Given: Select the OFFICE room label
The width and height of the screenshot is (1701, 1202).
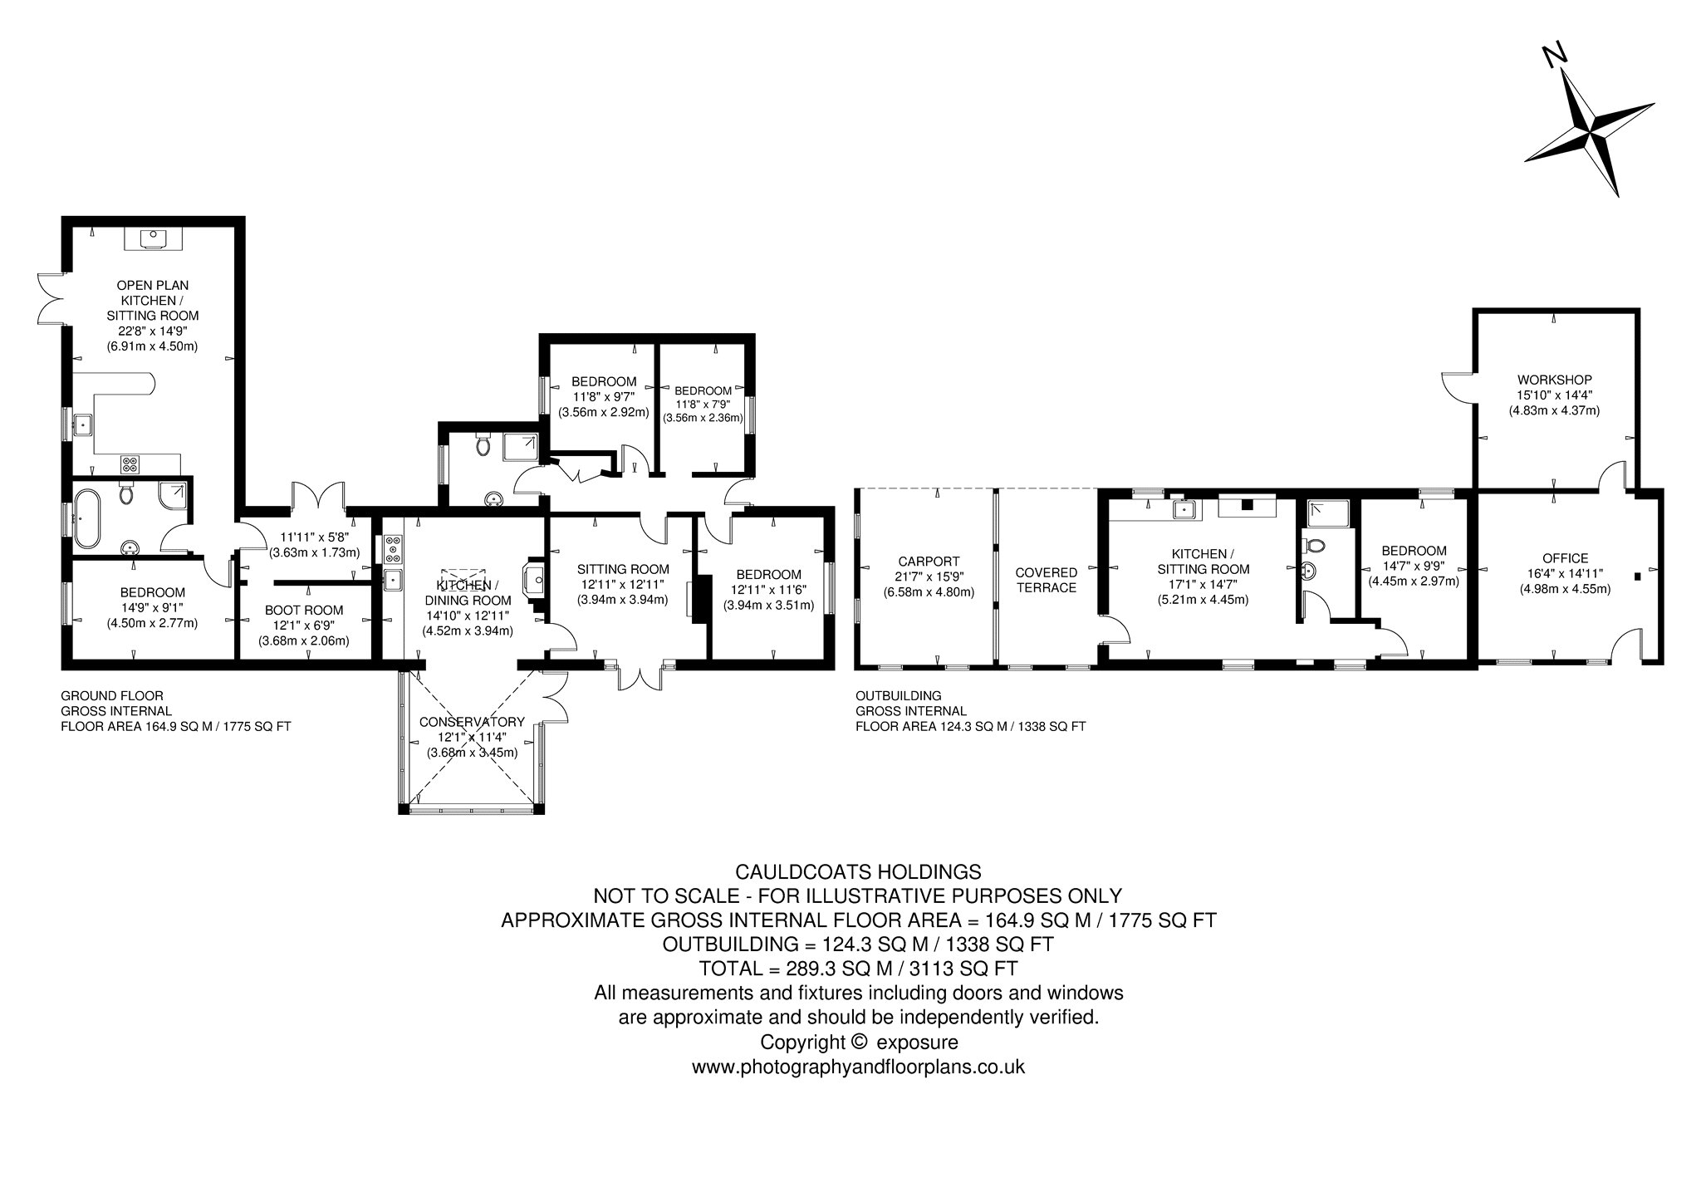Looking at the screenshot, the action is [1565, 558].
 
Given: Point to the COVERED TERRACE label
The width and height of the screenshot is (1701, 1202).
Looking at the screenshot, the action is [1046, 580].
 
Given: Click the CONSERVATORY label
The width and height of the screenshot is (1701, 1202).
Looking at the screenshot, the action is [472, 721].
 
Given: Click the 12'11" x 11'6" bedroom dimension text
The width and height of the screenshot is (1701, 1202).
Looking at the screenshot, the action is [768, 590].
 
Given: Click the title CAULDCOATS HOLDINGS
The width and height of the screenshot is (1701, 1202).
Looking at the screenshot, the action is [859, 872].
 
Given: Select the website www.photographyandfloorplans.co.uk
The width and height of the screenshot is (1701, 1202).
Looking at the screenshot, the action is [859, 1067].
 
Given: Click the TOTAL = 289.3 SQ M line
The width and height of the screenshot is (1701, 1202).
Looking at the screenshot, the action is [859, 969].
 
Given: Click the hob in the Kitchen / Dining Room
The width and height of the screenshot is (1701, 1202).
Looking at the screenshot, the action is [393, 550].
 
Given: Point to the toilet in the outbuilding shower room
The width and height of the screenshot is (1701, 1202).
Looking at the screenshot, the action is [1315, 547].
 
